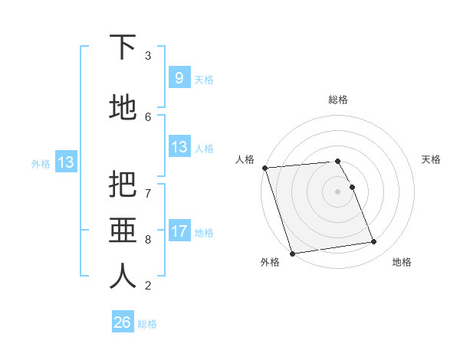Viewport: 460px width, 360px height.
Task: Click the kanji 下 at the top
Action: coord(123,47)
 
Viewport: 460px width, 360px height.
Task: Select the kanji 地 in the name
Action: coord(123,108)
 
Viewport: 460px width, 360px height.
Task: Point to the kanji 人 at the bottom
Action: coord(123,277)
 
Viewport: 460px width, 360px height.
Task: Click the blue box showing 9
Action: coord(179,78)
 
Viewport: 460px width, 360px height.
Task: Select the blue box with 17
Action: coord(179,231)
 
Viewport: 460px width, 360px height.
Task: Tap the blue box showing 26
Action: coord(123,322)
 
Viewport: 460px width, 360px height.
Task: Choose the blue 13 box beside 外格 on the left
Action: coord(65,162)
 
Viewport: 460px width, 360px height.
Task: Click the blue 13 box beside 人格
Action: coord(179,147)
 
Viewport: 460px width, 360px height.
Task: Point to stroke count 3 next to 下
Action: coord(148,56)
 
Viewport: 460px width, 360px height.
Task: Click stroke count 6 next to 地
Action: coord(148,116)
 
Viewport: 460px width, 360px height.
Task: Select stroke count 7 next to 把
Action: coord(148,186)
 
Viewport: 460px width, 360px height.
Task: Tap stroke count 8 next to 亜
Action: coord(148,239)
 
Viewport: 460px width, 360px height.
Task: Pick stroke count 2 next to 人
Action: coord(148,286)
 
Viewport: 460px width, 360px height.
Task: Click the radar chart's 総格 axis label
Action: coord(338,100)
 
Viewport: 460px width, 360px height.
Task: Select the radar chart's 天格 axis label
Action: coord(432,159)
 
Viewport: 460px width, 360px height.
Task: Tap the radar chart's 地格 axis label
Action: coord(402,262)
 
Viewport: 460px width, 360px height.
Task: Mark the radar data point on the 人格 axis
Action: coord(264,168)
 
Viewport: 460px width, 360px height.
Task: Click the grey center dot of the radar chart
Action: coord(338,191)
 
